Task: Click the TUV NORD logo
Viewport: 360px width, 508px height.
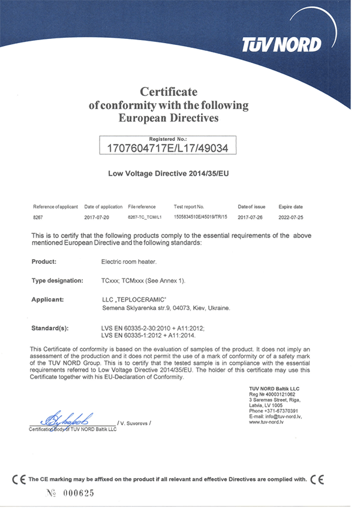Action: [281, 44]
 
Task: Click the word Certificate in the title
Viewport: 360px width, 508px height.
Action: [169, 92]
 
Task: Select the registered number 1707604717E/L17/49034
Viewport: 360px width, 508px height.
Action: [167, 146]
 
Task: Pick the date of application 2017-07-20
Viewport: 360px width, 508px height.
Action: [98, 217]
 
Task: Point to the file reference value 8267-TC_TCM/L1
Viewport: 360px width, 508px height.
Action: [146, 217]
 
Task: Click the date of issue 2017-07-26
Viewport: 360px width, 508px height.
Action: [251, 217]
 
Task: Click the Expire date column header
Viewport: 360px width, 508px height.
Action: [290, 206]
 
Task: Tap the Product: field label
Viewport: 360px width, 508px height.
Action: [43, 261]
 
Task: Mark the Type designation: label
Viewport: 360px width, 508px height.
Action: [57, 280]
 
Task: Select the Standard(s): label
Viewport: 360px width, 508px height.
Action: [50, 328]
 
